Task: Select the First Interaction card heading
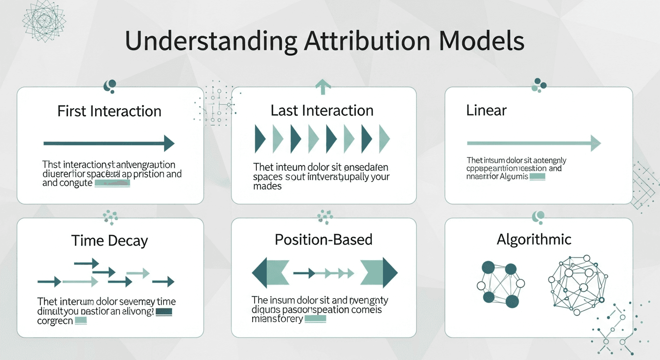109,111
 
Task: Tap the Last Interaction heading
322,111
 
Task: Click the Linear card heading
487,111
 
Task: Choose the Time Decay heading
109,241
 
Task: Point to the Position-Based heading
323,240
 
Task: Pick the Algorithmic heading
534,240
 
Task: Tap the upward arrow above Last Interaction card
323,86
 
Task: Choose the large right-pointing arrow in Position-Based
379,272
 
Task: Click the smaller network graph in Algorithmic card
500,284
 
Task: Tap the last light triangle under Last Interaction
384,139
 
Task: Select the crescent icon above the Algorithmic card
539,217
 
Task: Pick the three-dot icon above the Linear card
539,84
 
